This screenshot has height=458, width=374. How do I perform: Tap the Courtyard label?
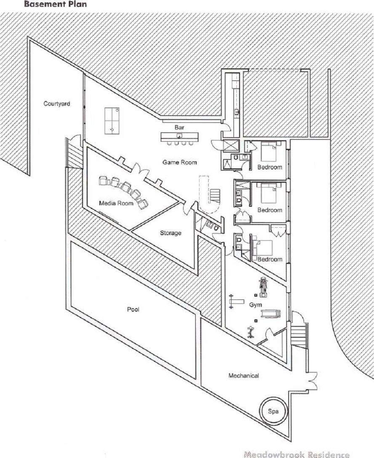(x=56, y=104)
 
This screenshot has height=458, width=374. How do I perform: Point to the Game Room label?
(x=180, y=162)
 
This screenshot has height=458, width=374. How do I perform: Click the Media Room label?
(x=116, y=203)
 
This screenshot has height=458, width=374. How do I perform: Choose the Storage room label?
(x=171, y=233)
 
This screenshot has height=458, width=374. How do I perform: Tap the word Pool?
(x=133, y=309)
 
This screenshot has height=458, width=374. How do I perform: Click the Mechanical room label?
(x=243, y=375)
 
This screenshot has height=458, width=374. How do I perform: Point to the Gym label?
(x=254, y=304)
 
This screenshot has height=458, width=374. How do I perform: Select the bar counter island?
(x=179, y=137)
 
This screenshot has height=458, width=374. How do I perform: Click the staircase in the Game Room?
(x=215, y=195)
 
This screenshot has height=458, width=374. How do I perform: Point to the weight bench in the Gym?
(x=236, y=301)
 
